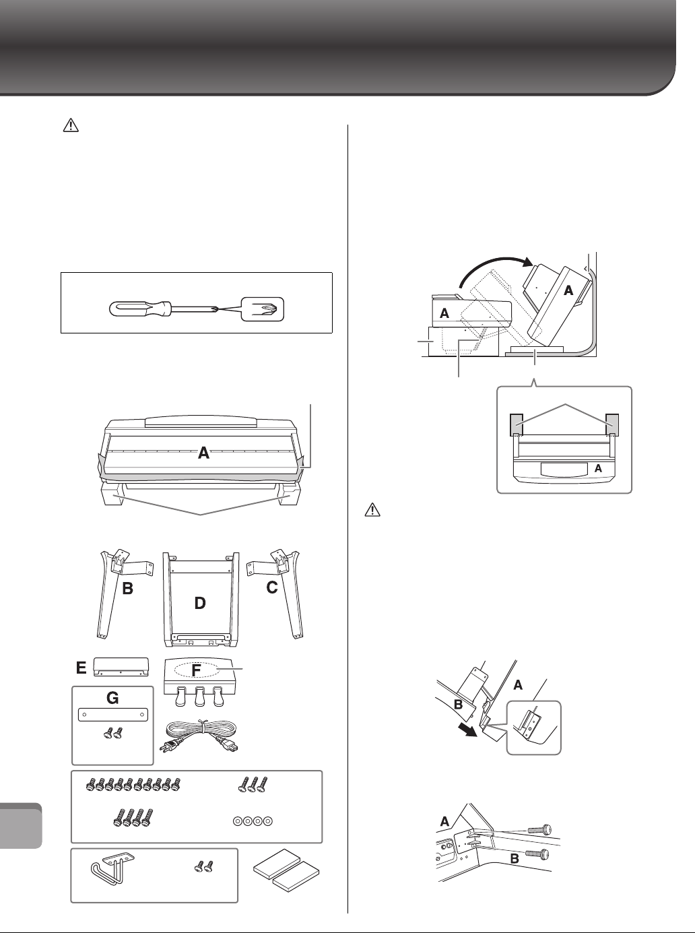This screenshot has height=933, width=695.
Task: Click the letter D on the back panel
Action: [x=199, y=604]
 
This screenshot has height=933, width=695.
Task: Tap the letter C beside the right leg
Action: [x=272, y=587]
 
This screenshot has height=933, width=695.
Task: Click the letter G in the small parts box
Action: [x=112, y=699]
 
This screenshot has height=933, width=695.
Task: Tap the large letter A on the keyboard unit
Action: [x=203, y=454]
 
